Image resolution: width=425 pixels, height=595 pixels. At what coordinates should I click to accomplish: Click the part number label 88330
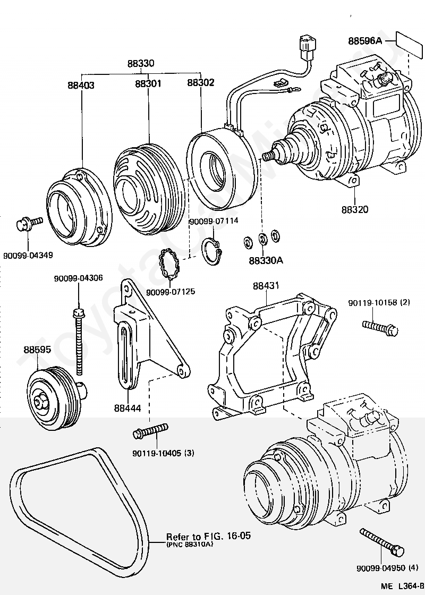point(141,63)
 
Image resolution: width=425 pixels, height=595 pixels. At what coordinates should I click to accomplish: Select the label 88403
point(81,84)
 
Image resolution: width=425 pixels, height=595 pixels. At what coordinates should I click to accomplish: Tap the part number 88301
point(148,83)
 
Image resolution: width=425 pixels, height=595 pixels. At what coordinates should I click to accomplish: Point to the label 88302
point(201,83)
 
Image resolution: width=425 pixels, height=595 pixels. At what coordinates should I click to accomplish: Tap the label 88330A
point(266,261)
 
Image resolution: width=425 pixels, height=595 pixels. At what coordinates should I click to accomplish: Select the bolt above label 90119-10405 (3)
point(151,431)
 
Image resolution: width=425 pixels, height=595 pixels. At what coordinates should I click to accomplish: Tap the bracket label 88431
point(266,286)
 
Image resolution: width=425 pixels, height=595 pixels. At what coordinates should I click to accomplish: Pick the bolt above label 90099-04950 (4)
point(382,541)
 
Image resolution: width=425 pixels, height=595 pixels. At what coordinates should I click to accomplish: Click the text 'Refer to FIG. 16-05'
point(208,536)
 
